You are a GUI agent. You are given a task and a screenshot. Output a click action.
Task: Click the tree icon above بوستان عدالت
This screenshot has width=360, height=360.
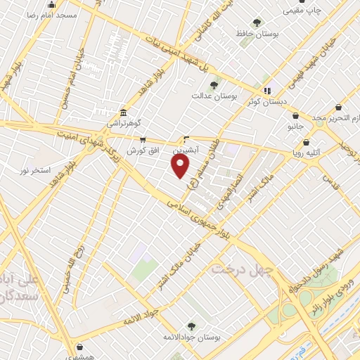pos(214,85)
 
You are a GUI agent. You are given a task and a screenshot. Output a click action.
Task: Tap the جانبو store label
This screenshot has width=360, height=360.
pos(298,127)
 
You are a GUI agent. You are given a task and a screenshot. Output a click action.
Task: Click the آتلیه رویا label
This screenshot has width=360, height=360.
pos(307,151)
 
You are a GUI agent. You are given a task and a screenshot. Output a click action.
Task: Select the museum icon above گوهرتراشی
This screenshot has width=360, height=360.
pos(123,112)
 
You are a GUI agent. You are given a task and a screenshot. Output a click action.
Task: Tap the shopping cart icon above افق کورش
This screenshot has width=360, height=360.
pos(143,139)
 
